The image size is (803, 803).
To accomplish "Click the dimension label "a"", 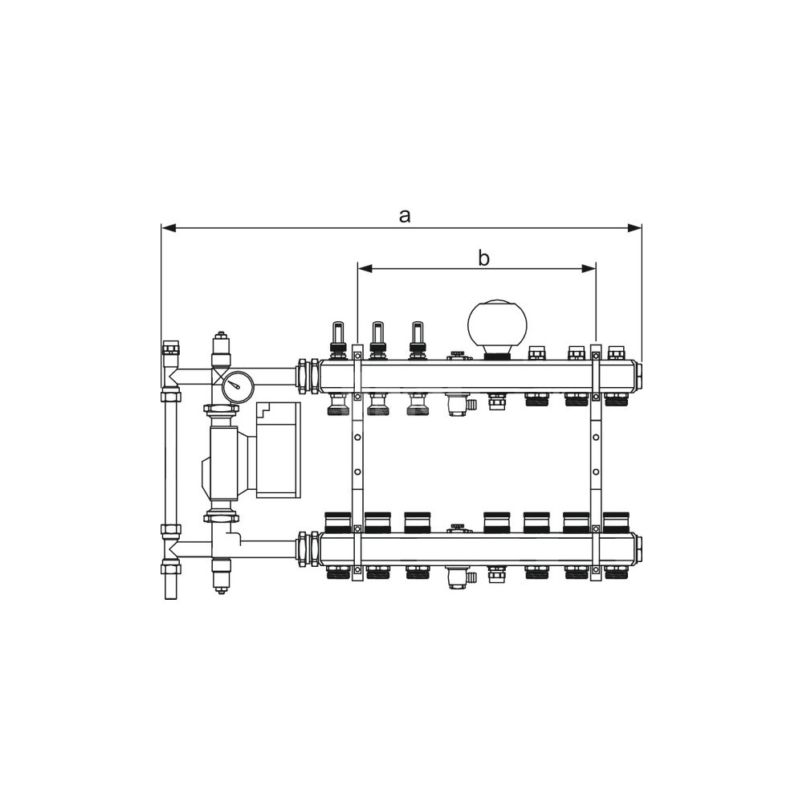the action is click(405, 216).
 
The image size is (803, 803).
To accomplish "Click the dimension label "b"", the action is click(483, 259).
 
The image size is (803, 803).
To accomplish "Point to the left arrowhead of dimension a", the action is click(169, 228).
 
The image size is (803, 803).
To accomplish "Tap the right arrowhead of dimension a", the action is click(634, 228).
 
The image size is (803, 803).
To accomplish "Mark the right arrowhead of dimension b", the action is click(589, 268).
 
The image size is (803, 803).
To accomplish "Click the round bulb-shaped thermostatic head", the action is click(496, 328).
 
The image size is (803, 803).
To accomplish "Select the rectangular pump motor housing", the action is click(278, 450).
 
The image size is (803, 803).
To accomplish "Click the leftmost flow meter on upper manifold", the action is click(337, 340).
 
